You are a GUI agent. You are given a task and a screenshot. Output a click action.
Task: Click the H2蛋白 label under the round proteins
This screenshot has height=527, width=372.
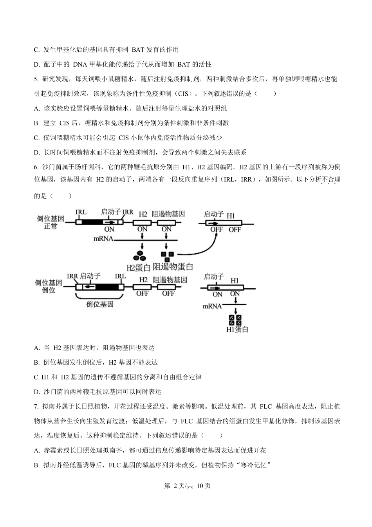139,268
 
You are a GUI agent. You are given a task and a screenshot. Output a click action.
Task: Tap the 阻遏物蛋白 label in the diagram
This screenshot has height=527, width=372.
173,267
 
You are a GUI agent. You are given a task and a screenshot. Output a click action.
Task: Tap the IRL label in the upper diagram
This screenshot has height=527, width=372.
81,213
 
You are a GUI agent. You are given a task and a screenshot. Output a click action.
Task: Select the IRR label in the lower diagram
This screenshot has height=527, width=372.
72,276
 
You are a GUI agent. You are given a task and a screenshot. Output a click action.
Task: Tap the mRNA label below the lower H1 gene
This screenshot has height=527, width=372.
212,305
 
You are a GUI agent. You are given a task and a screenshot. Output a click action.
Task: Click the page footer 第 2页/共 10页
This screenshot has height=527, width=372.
186,485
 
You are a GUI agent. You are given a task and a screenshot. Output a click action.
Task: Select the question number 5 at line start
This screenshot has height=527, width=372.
36,79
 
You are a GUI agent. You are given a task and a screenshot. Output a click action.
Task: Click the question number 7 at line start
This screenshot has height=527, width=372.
36,406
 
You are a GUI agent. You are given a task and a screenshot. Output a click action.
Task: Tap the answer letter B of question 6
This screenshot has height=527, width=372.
36,363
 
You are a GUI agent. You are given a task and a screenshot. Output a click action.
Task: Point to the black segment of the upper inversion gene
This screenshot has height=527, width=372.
93,222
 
